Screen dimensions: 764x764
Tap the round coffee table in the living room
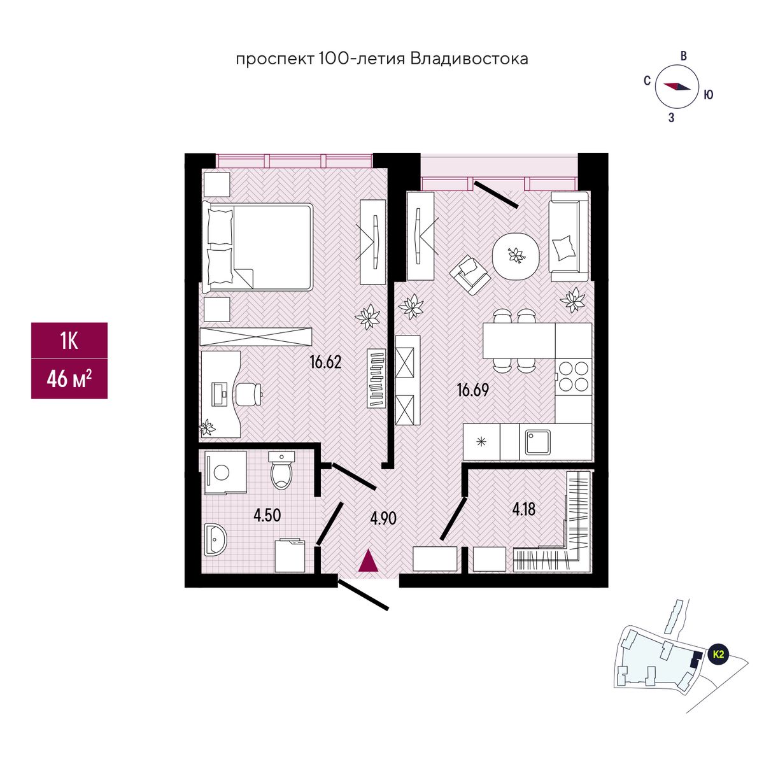pyautogui.click(x=516, y=256)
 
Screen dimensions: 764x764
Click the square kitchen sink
pyautogui.click(x=537, y=442)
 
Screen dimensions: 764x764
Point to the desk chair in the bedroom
pyautogui.click(x=250, y=393)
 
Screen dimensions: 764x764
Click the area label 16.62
pyautogui.click(x=325, y=362)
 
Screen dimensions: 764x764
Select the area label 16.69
pyautogui.click(x=472, y=390)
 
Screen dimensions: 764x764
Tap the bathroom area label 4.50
pyautogui.click(x=267, y=516)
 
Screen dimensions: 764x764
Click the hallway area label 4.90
pyautogui.click(x=383, y=518)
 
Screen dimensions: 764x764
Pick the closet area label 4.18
pyautogui.click(x=524, y=509)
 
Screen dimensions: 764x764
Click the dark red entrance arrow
pyautogui.click(x=369, y=560)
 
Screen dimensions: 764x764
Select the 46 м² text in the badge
pyautogui.click(x=69, y=379)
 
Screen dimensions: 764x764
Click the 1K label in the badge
pyautogui.click(x=69, y=341)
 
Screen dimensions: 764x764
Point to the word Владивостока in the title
pyautogui.click(x=469, y=59)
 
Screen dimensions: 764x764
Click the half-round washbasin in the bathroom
pyautogui.click(x=216, y=539)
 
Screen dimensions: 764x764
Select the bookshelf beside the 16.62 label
pyautogui.click(x=376, y=378)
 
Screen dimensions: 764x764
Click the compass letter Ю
pyautogui.click(x=708, y=95)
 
